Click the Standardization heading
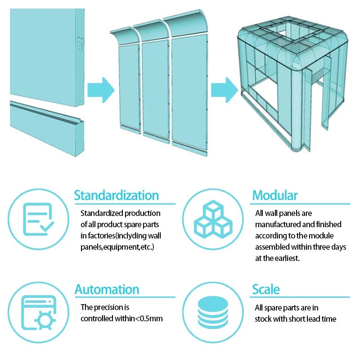click(x=116, y=196)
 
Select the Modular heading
click(x=274, y=196)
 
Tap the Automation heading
click(x=107, y=289)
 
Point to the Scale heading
click(x=265, y=289)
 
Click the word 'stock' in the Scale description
click(x=264, y=319)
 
